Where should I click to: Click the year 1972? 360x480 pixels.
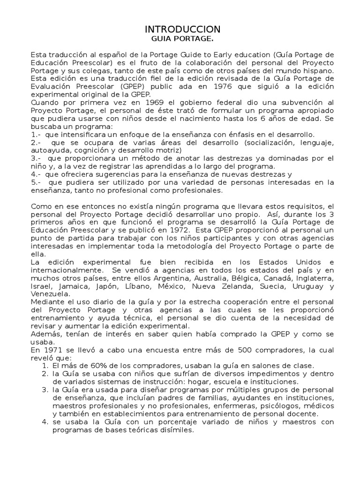coord(185,230)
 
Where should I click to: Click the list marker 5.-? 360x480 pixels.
coord(36,182)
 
